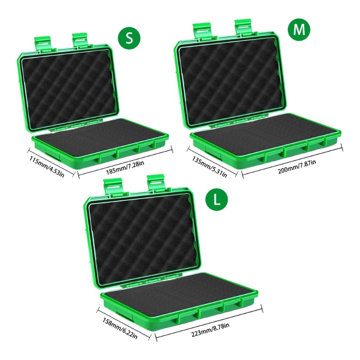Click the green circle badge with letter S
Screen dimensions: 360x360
(129, 38)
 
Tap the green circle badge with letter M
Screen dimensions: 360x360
(299, 29)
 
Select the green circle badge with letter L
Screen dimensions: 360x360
(217, 199)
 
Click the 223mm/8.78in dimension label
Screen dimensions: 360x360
(210, 330)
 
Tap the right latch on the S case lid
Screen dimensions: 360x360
(81, 40)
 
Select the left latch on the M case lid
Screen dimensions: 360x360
(202, 30)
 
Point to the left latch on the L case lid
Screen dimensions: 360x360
(112, 185)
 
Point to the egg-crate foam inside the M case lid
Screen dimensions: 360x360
(231, 81)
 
